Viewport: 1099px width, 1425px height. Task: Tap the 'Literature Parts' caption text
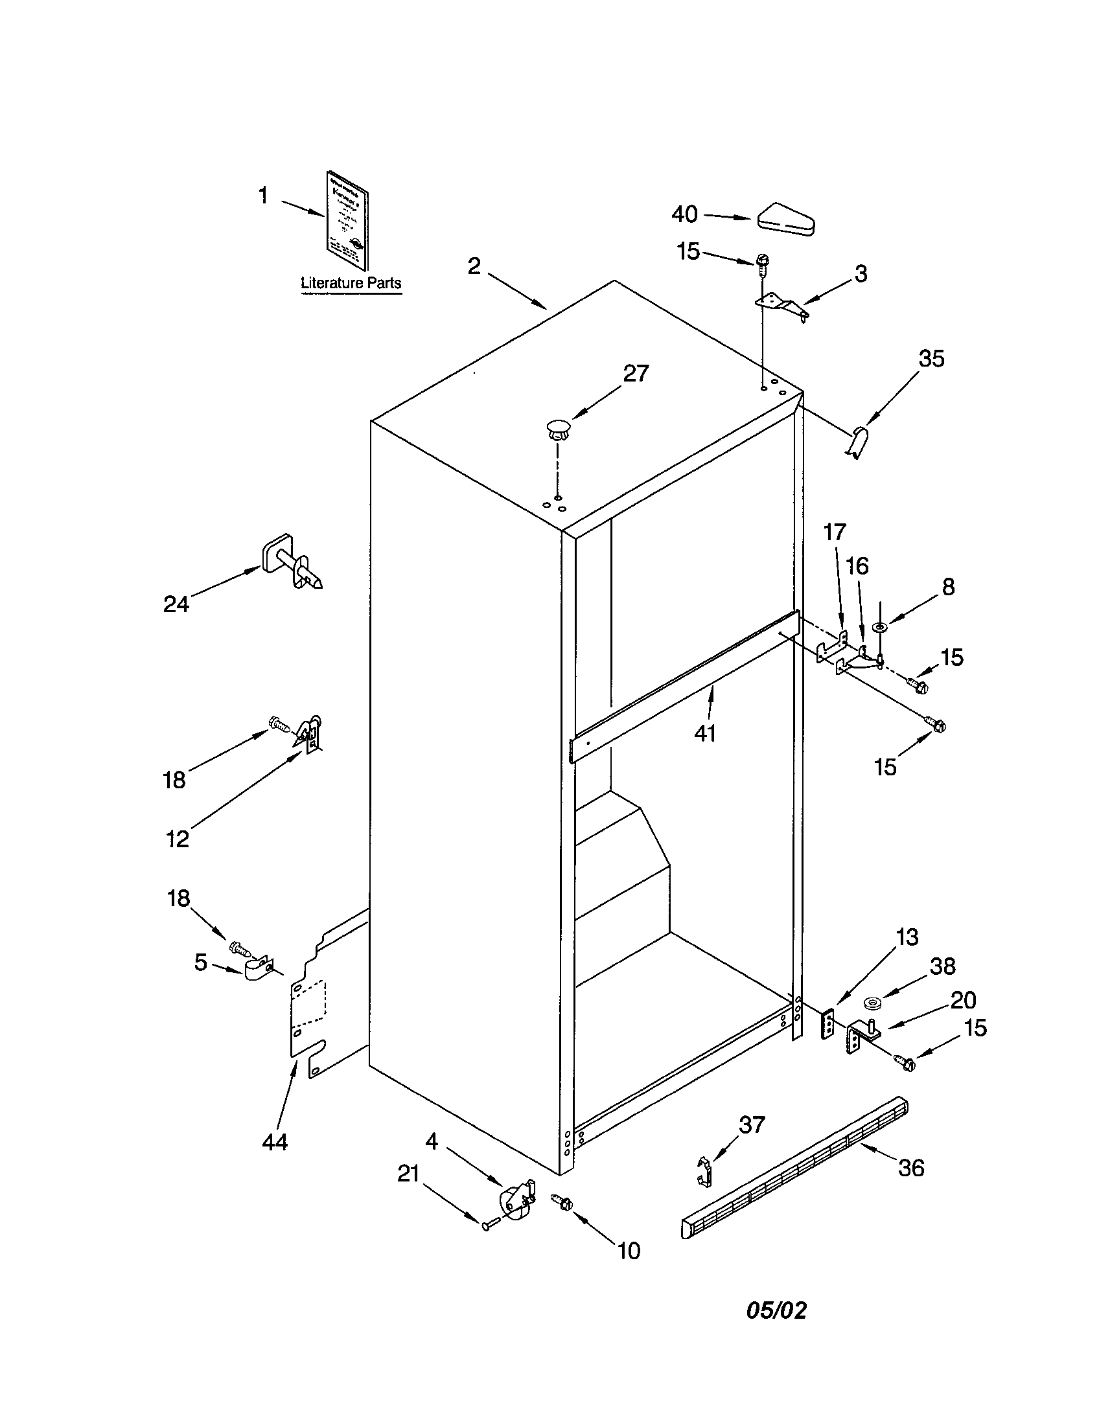pos(351,283)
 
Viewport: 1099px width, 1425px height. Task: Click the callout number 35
pos(931,359)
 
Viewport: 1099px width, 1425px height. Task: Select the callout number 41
pos(705,733)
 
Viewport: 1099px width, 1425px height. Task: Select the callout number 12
pos(177,838)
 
